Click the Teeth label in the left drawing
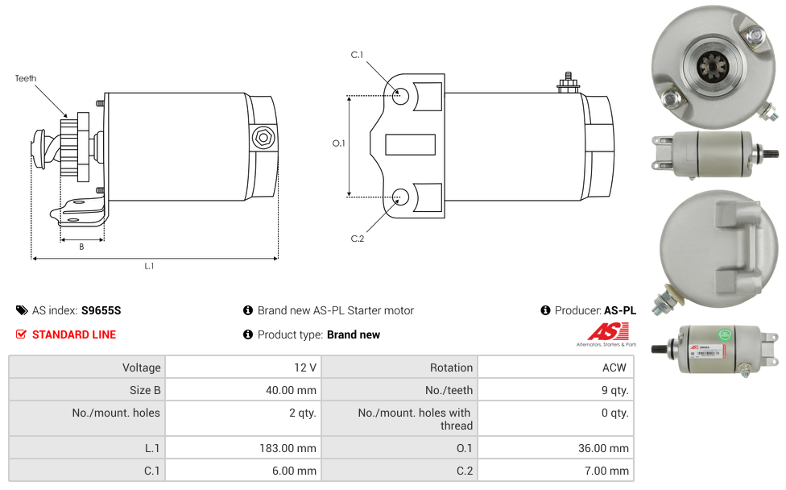coord(26,78)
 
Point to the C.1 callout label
coord(357,55)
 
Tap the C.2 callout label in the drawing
coord(358,239)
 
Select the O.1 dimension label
coord(339,143)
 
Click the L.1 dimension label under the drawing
coord(149,266)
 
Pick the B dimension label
coord(81,247)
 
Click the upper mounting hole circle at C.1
coord(400,96)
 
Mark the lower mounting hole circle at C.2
coord(400,197)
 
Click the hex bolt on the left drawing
coord(263,138)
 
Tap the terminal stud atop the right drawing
coord(568,83)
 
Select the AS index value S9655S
coord(101,310)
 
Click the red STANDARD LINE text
coord(74,334)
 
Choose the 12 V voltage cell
coord(244,367)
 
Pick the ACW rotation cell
coord(556,367)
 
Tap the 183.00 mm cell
coord(244,448)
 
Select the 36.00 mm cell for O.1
coord(556,448)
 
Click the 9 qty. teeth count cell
coord(556,390)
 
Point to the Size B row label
coord(145,390)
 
